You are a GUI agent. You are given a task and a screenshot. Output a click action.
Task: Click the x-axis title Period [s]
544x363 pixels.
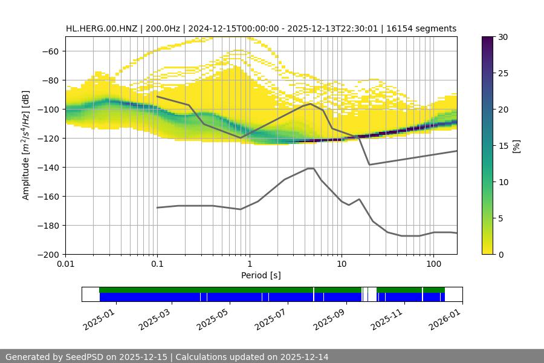[261, 276]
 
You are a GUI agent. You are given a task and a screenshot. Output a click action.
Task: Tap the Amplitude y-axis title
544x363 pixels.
[26, 145]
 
